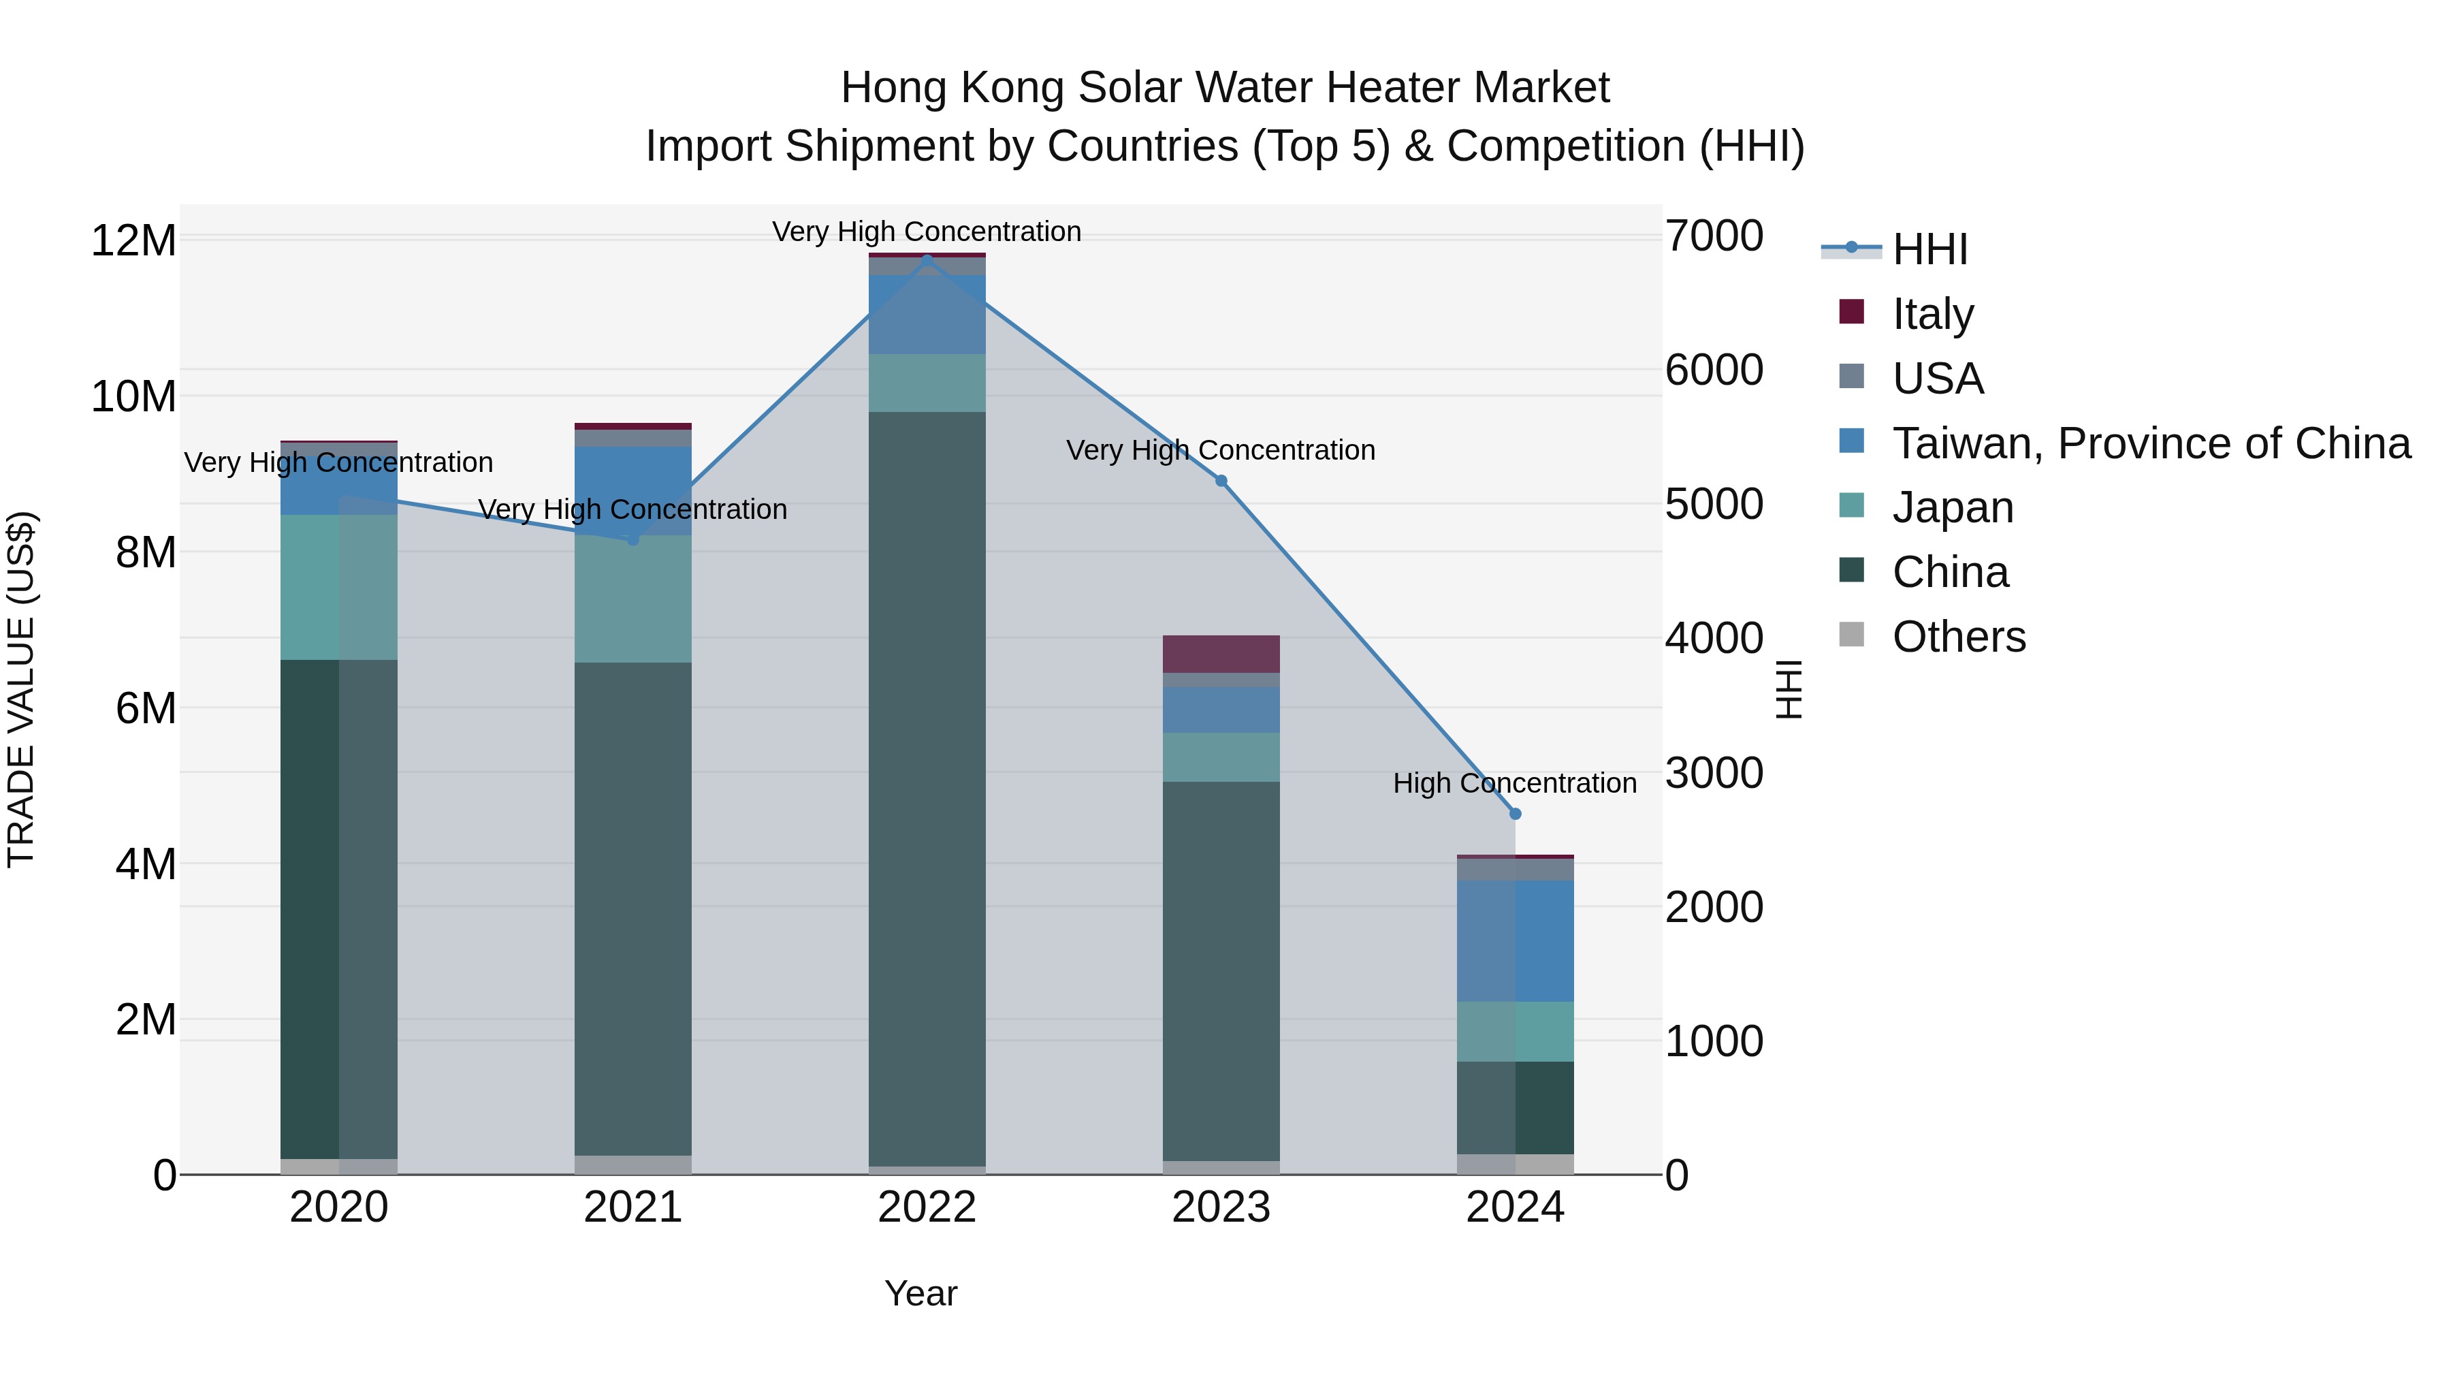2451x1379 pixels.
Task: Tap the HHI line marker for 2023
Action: pyautogui.click(x=1221, y=481)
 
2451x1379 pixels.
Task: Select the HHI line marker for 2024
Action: pyautogui.click(x=1516, y=814)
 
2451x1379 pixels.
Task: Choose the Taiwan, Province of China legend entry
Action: pyautogui.click(x=2150, y=443)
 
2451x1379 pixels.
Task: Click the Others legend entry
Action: pyautogui.click(x=1958, y=637)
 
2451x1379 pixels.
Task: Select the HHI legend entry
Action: pyautogui.click(x=1929, y=249)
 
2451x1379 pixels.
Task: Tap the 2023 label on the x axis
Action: pyautogui.click(x=1221, y=1207)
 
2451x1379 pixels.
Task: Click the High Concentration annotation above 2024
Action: pyautogui.click(x=1515, y=783)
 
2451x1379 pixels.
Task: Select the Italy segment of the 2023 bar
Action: pyautogui.click(x=1221, y=654)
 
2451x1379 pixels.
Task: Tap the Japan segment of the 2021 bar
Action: pyautogui.click(x=632, y=599)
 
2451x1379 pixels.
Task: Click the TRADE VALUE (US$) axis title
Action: pyautogui.click(x=22, y=689)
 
